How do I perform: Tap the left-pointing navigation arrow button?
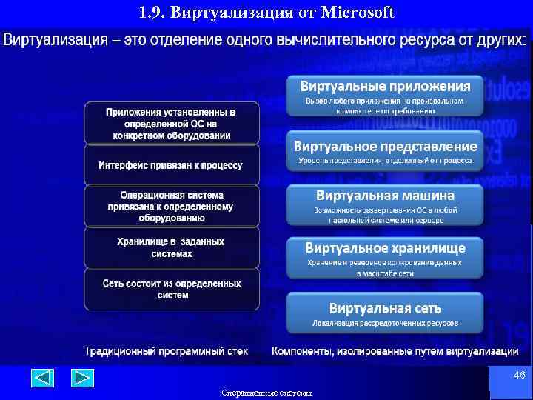[42, 379]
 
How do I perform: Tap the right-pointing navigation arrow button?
[82, 379]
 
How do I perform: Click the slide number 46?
[519, 376]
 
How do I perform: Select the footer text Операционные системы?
[266, 393]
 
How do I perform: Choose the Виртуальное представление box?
[384, 151]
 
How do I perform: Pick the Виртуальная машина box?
[384, 205]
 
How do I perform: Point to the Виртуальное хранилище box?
[384, 257]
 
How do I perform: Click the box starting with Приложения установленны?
[172, 123]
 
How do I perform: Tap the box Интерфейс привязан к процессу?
[172, 165]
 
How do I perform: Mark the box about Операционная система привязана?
[172, 206]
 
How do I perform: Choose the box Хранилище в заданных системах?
[172, 247]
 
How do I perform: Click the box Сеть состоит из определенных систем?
[172, 289]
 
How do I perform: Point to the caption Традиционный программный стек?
[166, 350]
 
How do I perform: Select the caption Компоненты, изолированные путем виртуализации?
[395, 350]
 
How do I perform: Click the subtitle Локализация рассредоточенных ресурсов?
[385, 323]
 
